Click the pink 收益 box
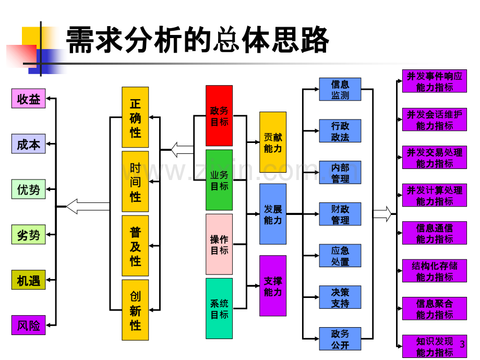click(29, 99)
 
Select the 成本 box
click(29, 144)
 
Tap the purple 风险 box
click(29, 325)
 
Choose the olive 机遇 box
click(29, 280)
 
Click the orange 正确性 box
click(135, 117)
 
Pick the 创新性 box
click(135, 310)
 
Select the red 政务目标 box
click(219, 116)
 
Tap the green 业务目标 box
click(219, 180)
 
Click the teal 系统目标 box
click(219, 308)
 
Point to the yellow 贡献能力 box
click(273, 142)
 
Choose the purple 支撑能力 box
click(273, 286)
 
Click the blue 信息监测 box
click(340, 89)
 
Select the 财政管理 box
click(340, 214)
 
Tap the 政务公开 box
click(340, 339)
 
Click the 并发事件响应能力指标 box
click(435, 81)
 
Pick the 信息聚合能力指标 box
click(435, 308)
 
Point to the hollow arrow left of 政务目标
click(182, 150)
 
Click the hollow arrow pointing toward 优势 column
click(88, 207)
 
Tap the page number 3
click(462, 344)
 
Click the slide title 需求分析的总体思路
click(197, 40)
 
